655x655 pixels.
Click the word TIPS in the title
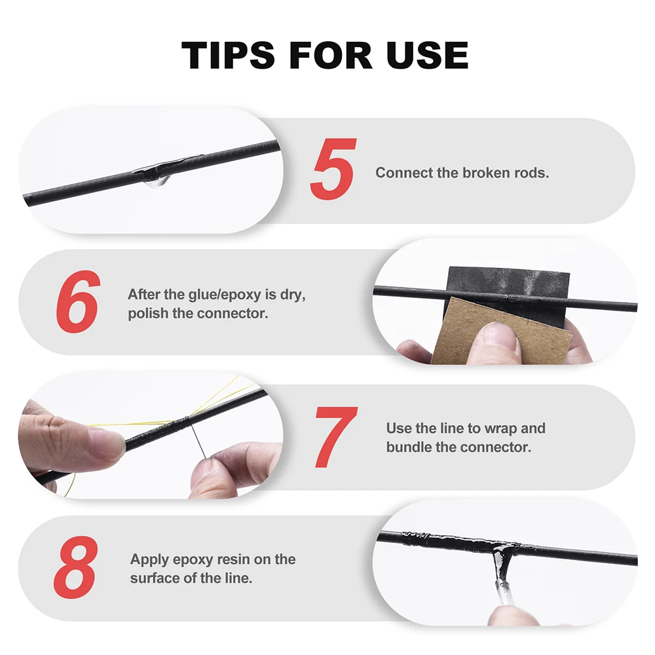(x=228, y=55)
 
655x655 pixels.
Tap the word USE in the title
(x=427, y=55)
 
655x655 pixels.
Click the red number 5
(x=333, y=169)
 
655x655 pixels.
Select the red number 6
(x=78, y=301)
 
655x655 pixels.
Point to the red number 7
(x=336, y=437)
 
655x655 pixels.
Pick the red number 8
(x=76, y=567)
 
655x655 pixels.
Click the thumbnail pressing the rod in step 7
(x=106, y=440)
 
